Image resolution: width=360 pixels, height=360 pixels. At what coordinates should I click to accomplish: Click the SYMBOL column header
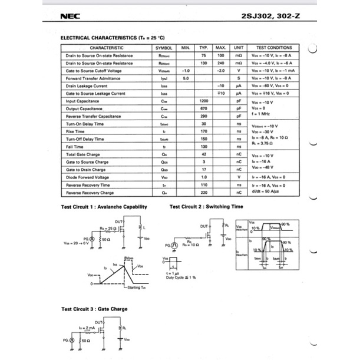point(164,47)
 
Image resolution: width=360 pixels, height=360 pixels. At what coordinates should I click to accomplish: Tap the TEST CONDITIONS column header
point(274,47)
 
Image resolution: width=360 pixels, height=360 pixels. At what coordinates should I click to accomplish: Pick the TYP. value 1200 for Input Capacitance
point(204,101)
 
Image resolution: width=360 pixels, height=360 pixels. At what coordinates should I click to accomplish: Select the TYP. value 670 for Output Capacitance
point(204,109)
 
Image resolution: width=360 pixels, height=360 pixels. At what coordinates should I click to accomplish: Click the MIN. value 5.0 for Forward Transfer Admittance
point(186,78)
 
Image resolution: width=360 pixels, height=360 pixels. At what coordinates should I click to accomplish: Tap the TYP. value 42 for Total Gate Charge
point(204,155)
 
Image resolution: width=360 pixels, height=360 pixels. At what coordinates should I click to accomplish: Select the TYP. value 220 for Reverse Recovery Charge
point(204,193)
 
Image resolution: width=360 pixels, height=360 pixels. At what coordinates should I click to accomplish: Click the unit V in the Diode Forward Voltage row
point(239,177)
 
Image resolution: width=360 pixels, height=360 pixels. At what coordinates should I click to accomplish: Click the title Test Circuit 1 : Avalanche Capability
point(104,207)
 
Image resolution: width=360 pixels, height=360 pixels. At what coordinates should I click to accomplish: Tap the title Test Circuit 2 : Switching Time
point(206,207)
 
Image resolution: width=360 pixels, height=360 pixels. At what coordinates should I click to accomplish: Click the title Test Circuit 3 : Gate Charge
point(94,309)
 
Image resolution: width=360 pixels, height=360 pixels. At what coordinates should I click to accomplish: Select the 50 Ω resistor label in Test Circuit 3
point(86,341)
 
